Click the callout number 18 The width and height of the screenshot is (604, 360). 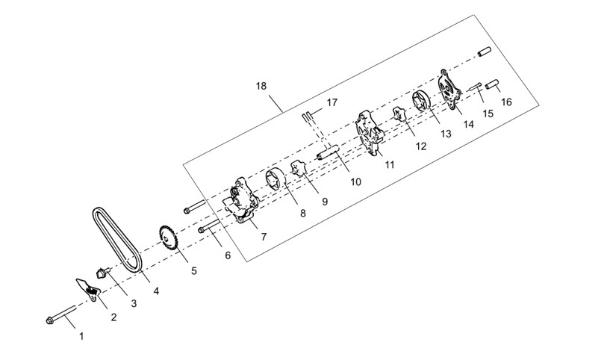(261, 86)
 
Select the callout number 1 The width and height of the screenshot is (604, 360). (81, 336)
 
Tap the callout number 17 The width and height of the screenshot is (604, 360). (331, 102)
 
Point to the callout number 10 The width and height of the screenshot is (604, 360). (355, 181)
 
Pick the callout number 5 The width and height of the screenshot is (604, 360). (194, 271)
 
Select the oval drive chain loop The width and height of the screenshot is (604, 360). (117, 239)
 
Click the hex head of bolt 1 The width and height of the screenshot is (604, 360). (49, 320)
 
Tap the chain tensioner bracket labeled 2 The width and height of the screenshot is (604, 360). (89, 290)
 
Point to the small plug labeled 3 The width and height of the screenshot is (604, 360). (102, 273)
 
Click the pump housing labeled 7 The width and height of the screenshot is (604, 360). (240, 200)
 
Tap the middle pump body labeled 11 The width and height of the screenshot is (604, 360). (370, 133)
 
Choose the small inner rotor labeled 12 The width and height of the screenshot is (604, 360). (400, 115)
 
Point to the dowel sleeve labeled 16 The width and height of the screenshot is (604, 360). (492, 84)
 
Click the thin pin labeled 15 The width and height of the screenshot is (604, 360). (476, 87)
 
